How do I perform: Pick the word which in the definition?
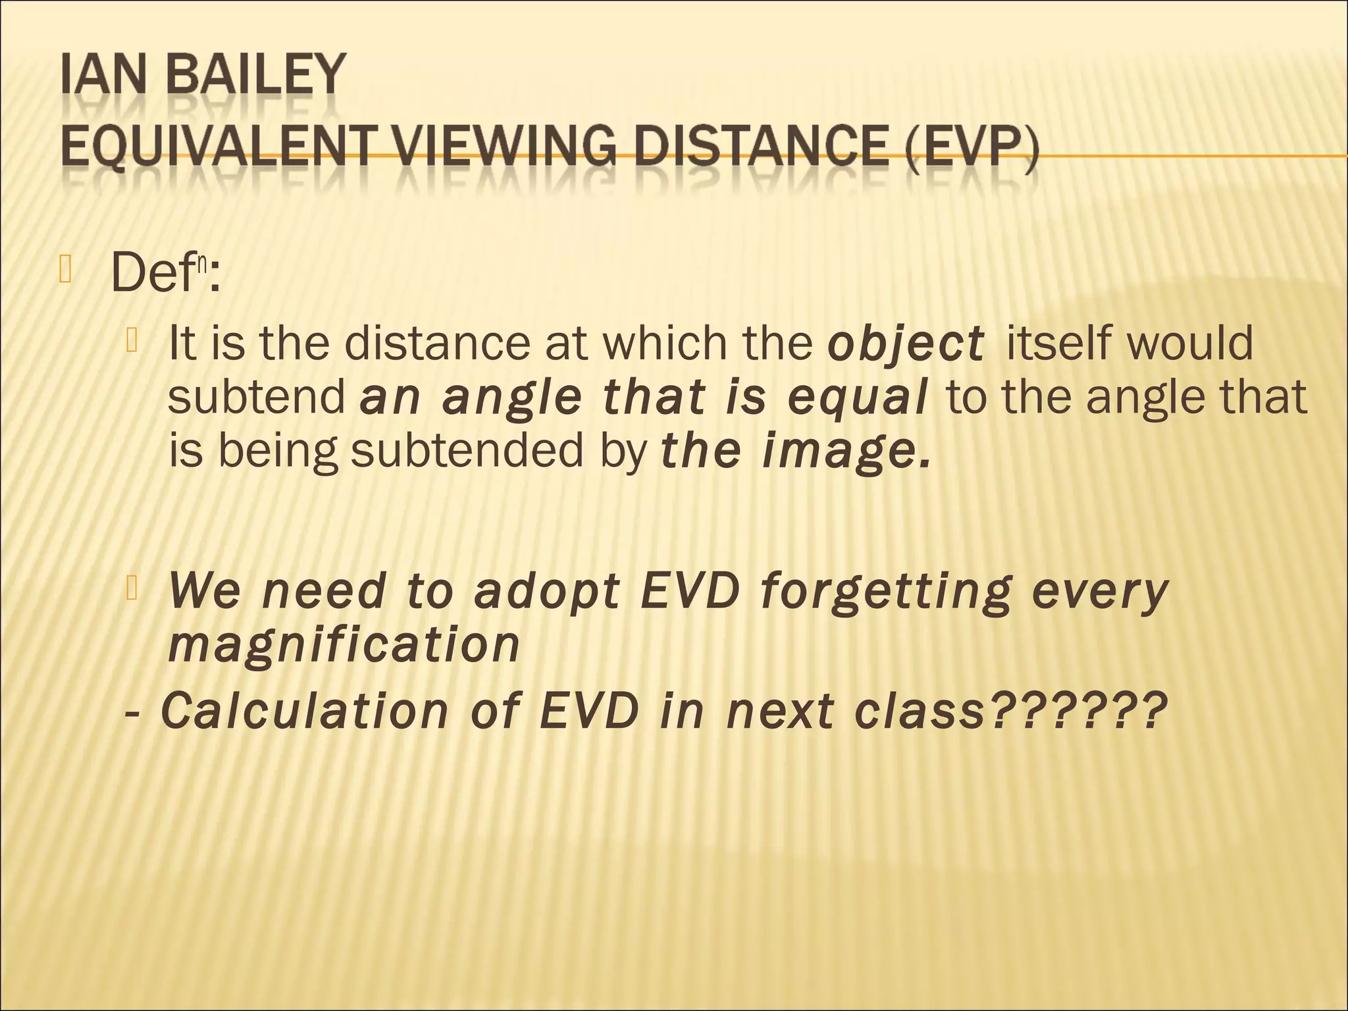point(651,344)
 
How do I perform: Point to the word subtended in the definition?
point(467,452)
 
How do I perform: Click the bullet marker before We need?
point(132,587)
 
